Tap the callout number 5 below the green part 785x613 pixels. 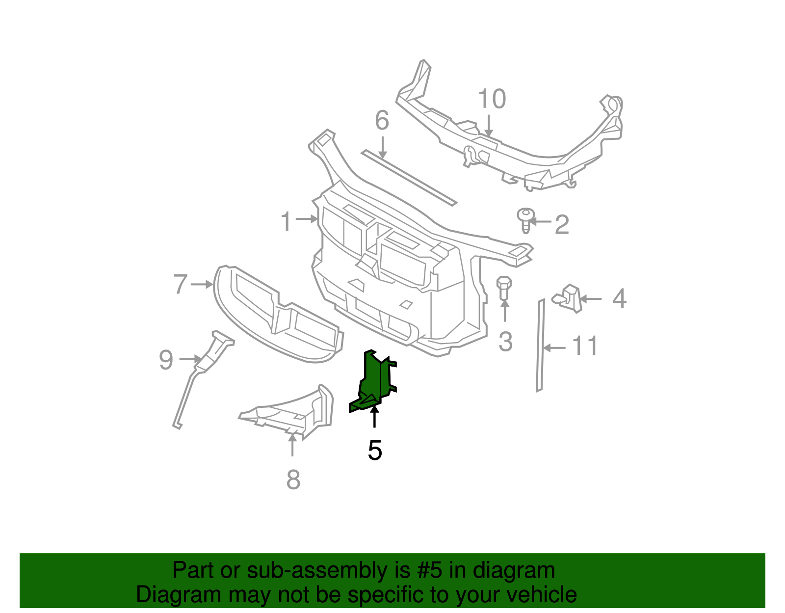pyautogui.click(x=375, y=450)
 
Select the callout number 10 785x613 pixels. pyautogui.click(x=492, y=99)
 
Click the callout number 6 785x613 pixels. pyautogui.click(x=382, y=121)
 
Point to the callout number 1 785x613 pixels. pyautogui.click(x=286, y=221)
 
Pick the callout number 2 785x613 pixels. pyautogui.click(x=561, y=225)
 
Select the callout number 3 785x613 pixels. pyautogui.click(x=505, y=342)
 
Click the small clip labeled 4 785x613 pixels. pyautogui.click(x=569, y=297)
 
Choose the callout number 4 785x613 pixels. pyautogui.click(x=620, y=298)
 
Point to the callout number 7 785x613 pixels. pyautogui.click(x=181, y=284)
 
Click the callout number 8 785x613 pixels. pyautogui.click(x=293, y=480)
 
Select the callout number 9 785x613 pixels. pyautogui.click(x=166, y=360)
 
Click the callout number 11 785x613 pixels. pyautogui.click(x=585, y=346)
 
